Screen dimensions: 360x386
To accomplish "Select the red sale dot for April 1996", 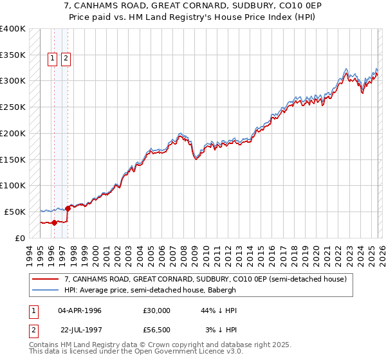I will pyautogui.click(x=54, y=222).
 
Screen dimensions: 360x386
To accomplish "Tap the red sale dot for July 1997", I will pyautogui.click(x=68, y=208).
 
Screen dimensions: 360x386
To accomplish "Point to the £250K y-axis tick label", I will pyautogui.click(x=12, y=107).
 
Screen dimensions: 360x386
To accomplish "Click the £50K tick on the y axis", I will pyautogui.click(x=15, y=212).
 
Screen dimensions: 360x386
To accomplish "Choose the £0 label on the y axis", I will pyautogui.click(x=20, y=238).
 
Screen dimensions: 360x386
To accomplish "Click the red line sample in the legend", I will pyautogui.click(x=46, y=279).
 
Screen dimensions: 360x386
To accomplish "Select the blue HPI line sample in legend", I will pyautogui.click(x=46, y=290).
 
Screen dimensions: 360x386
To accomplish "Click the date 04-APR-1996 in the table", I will pyautogui.click(x=79, y=310).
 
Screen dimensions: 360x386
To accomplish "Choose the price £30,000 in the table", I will pyautogui.click(x=156, y=310).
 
